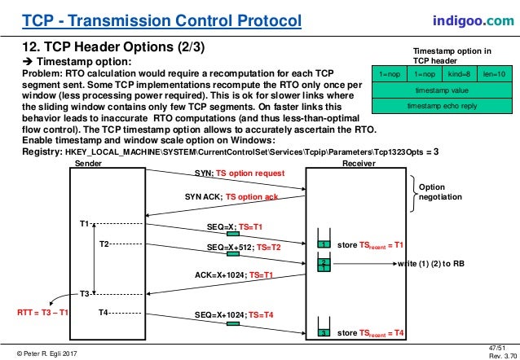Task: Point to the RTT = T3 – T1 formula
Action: pos(42,312)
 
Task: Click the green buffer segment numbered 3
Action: pos(323,333)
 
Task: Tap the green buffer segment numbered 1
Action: pos(323,244)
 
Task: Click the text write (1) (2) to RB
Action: pos(432,264)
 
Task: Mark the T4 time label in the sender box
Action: pos(104,312)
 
